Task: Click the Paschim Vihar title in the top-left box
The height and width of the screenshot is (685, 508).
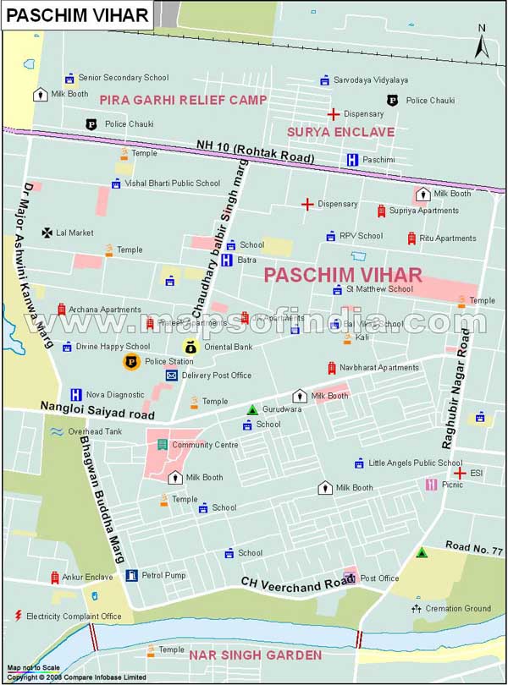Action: [x=77, y=14]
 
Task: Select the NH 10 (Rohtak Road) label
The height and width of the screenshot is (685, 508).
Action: [x=255, y=151]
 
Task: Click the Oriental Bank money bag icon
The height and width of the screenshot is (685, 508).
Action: [x=190, y=346]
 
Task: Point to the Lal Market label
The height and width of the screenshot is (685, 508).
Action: [x=75, y=233]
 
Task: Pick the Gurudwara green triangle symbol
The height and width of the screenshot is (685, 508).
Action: [x=251, y=409]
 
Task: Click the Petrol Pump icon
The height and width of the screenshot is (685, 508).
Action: [x=131, y=576]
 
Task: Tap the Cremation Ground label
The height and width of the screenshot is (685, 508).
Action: [x=456, y=608]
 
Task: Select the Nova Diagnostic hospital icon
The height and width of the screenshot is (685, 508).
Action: [x=75, y=394]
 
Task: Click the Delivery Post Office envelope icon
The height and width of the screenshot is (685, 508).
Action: [x=171, y=375]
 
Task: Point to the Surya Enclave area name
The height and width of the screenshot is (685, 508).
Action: [x=340, y=132]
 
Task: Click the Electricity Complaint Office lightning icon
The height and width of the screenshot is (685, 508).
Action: [x=17, y=616]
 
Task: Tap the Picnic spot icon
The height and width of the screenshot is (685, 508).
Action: [x=431, y=485]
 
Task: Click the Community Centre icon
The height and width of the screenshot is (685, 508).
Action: [x=162, y=445]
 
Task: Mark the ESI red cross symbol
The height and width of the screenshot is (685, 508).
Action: [x=459, y=473]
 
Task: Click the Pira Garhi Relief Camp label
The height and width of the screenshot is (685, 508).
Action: [x=183, y=100]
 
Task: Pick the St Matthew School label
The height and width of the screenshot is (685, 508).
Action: [x=379, y=289]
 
